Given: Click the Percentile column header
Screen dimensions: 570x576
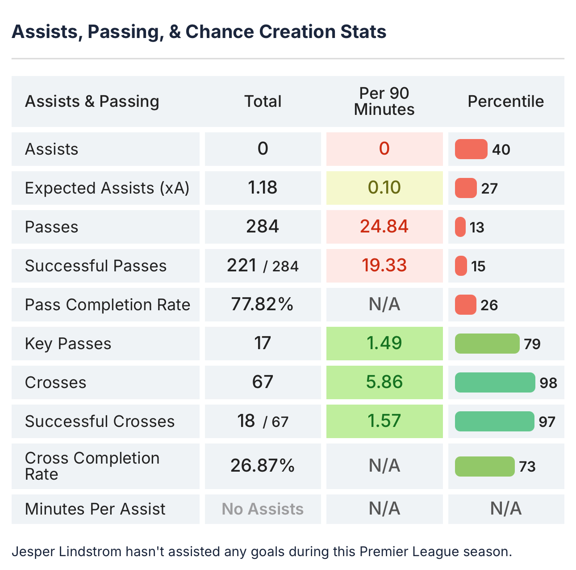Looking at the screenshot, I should [505, 101].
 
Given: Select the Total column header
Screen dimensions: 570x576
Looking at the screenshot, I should [263, 101].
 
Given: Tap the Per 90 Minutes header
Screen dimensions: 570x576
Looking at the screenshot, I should [384, 101].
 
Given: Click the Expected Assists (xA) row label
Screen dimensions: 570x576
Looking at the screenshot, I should [107, 188].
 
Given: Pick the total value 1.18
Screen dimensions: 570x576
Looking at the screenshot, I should [263, 188].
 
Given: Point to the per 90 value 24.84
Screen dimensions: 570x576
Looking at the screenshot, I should [384, 227].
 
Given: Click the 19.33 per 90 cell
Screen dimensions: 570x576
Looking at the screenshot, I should [384, 266].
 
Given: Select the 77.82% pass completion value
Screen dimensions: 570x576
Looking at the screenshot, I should [263, 304].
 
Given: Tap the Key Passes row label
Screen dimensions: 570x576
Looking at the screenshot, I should [68, 343].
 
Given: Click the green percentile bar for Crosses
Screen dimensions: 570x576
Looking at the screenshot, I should [495, 383].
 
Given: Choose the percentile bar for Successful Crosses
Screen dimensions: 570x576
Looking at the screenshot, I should [494, 422].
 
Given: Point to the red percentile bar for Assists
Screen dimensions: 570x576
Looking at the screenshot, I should [471, 149].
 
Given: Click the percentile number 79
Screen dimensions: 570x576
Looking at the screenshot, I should [532, 344].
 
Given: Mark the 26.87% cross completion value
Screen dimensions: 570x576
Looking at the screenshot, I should [263, 466].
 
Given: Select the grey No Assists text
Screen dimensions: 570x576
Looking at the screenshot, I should [263, 509].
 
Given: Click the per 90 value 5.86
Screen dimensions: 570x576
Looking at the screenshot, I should [384, 382].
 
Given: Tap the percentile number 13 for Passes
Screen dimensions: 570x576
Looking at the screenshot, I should [477, 228].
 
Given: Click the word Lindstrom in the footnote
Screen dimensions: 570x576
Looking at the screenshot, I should [94, 551].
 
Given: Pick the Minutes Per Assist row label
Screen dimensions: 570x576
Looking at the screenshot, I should [95, 509].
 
